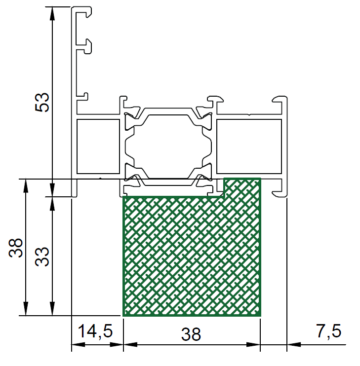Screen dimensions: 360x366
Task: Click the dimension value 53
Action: (42, 102)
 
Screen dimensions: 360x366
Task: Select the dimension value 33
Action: (42, 257)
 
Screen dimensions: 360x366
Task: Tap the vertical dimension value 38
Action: (16, 248)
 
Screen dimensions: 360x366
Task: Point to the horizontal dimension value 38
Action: (191, 334)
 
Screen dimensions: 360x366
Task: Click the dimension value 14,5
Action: (95, 331)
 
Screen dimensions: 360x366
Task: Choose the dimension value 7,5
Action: (329, 331)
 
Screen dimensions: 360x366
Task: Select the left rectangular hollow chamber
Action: (98, 146)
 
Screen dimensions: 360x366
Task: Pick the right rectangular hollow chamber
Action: (249, 146)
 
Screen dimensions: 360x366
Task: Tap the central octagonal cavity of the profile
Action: (168, 146)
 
